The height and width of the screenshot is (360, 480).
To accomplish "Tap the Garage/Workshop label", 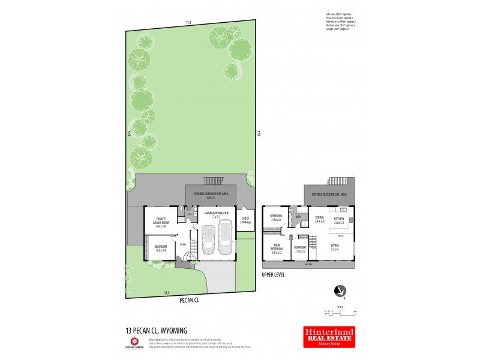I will click(x=216, y=213).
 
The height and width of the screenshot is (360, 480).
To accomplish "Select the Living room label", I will click(x=335, y=246).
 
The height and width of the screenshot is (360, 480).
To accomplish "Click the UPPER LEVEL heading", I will click(x=273, y=275).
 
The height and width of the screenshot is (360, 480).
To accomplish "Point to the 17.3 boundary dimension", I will click(x=188, y=23).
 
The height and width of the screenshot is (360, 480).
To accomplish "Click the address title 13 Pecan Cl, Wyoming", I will click(x=157, y=330).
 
